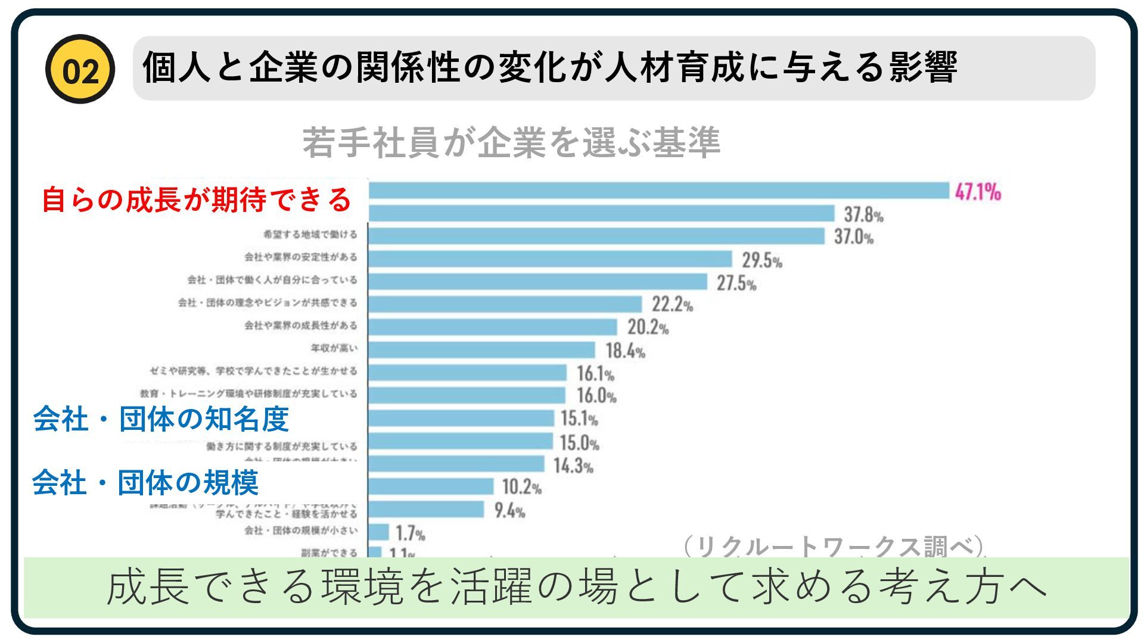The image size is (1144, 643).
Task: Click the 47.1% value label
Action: click(x=978, y=192)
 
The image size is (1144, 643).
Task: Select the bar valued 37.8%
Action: click(x=601, y=213)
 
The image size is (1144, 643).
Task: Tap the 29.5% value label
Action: click(x=761, y=260)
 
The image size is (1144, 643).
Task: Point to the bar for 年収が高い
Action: click(x=481, y=349)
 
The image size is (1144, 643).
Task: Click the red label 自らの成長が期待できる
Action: click(x=197, y=200)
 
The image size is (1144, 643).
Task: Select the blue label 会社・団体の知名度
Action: click(x=161, y=419)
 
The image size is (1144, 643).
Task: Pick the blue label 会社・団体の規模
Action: click(x=145, y=482)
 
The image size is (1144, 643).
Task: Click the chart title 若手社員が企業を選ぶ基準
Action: click(x=511, y=143)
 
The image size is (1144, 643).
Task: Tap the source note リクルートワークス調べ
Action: click(x=834, y=546)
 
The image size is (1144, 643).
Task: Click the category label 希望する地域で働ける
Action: click(x=310, y=235)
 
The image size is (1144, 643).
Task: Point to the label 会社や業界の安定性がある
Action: click(x=301, y=257)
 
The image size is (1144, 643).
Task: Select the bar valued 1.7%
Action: click(x=379, y=532)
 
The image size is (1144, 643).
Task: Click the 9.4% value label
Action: click(x=509, y=511)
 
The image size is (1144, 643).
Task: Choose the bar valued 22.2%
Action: click(x=505, y=304)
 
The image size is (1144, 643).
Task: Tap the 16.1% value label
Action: click(x=595, y=374)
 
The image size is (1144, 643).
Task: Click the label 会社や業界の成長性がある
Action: click(x=301, y=326)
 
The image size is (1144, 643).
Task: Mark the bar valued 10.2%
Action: click(x=431, y=486)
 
